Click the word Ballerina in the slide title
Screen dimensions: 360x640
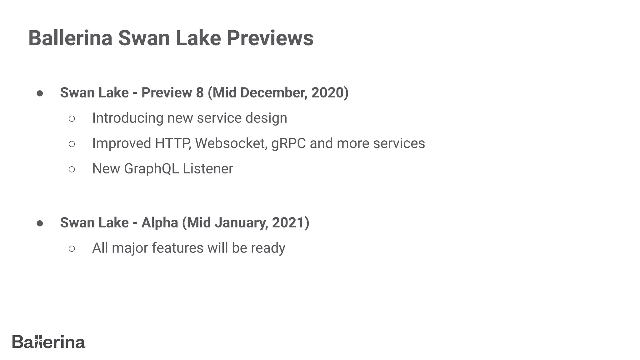[70, 38]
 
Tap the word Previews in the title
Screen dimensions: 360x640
[270, 38]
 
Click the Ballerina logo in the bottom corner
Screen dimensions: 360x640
[49, 342]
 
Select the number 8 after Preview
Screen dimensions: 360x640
[200, 92]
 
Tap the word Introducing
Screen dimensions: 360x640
[127, 118]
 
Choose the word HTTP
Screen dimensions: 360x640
[173, 143]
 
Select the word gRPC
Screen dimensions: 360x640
[288, 143]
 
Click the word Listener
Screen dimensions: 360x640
[208, 169]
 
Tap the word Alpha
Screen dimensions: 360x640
[159, 223]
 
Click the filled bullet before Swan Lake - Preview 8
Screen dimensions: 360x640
[40, 93]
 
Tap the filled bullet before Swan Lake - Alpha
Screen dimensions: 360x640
[40, 223]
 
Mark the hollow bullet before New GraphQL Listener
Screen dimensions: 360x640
[72, 169]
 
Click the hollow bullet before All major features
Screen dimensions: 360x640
[72, 249]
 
